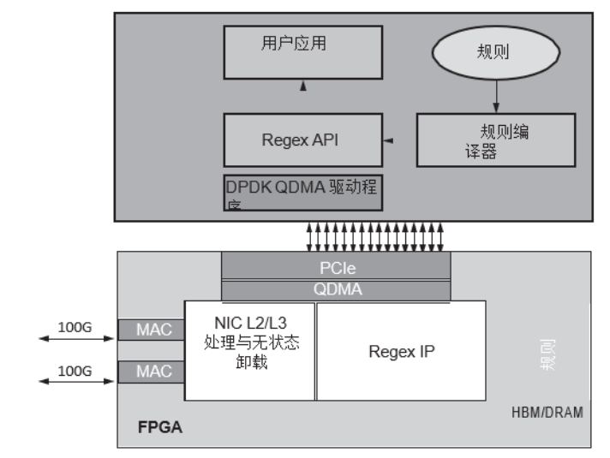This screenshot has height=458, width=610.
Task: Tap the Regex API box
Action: [302, 140]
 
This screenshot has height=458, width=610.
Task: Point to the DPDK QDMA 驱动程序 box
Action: [302, 192]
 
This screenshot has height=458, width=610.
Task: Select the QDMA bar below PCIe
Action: [336, 289]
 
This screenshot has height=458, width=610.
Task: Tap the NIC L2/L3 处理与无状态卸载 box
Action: [250, 349]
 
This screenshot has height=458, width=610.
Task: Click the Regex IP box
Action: [401, 349]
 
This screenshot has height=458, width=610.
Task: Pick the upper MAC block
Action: [154, 329]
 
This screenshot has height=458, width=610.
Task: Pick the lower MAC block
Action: [154, 372]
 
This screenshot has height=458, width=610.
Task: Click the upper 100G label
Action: [73, 325]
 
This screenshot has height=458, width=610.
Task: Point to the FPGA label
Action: [159, 425]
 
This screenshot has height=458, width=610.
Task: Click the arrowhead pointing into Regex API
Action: [388, 140]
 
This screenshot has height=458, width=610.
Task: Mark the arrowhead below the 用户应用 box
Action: [302, 87]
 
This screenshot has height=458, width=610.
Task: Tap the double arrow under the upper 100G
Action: [73, 339]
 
